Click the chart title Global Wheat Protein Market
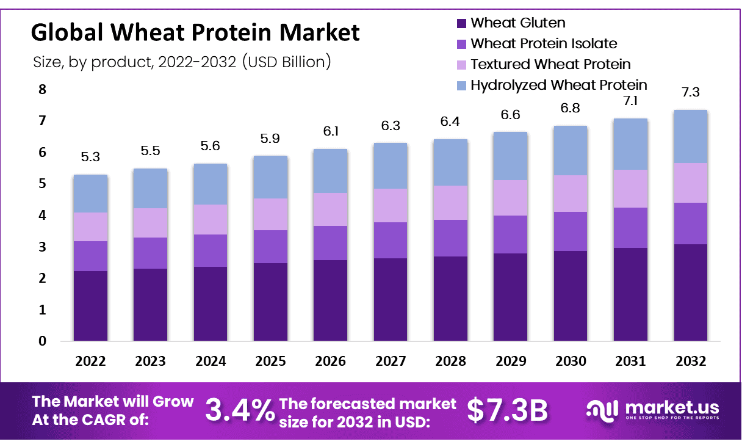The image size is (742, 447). tap(195, 32)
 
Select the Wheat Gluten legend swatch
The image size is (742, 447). tap(462, 23)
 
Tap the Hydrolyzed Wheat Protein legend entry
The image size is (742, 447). tap(558, 85)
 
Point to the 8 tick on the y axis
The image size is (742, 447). tap(42, 90)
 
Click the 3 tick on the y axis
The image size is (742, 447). tap(42, 247)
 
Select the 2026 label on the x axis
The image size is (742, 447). tap(331, 361)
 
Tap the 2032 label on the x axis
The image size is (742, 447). tap(691, 361)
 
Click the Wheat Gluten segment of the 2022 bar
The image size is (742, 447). tap(90, 305)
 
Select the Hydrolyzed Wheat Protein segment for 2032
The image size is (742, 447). tap(691, 136)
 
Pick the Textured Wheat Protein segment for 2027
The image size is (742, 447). tap(391, 205)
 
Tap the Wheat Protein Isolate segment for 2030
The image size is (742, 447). tap(571, 231)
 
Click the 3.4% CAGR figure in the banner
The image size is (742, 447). tap(239, 410)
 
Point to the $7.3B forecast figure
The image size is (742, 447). tap(507, 410)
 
